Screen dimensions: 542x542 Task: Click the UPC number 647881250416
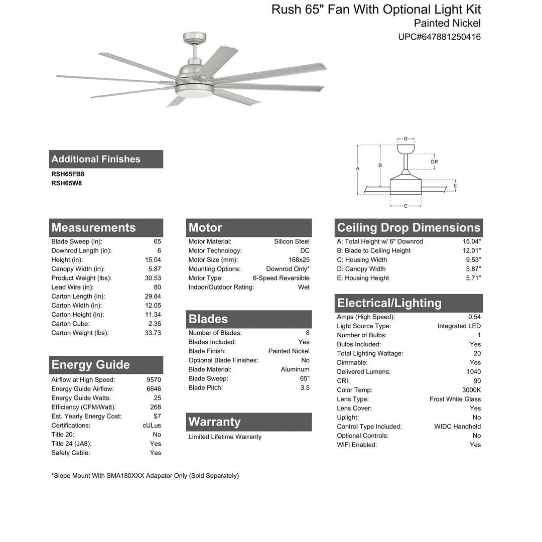point(439,37)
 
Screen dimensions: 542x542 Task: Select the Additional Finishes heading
point(96,159)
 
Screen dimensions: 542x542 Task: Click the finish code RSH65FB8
point(68,174)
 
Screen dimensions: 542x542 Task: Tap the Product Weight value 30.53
point(153,278)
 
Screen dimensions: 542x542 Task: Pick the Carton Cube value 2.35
point(155,324)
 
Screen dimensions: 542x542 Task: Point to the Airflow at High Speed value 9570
point(154,380)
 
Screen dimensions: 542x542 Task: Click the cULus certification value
point(152,426)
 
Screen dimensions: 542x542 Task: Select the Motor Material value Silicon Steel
point(292,241)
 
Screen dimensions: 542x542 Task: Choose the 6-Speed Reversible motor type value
point(281,278)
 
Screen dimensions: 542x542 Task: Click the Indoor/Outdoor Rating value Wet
point(304,287)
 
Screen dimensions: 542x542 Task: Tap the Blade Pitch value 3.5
point(305,387)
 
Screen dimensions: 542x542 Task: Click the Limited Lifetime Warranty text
point(225,437)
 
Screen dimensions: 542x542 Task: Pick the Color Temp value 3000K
point(471,390)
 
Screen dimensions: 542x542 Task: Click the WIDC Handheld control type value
point(457,427)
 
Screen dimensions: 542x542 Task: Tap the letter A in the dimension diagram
point(358,169)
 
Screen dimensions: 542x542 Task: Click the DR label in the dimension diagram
point(434,162)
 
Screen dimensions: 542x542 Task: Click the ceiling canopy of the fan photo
point(195,38)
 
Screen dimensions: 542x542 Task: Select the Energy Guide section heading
point(91,365)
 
